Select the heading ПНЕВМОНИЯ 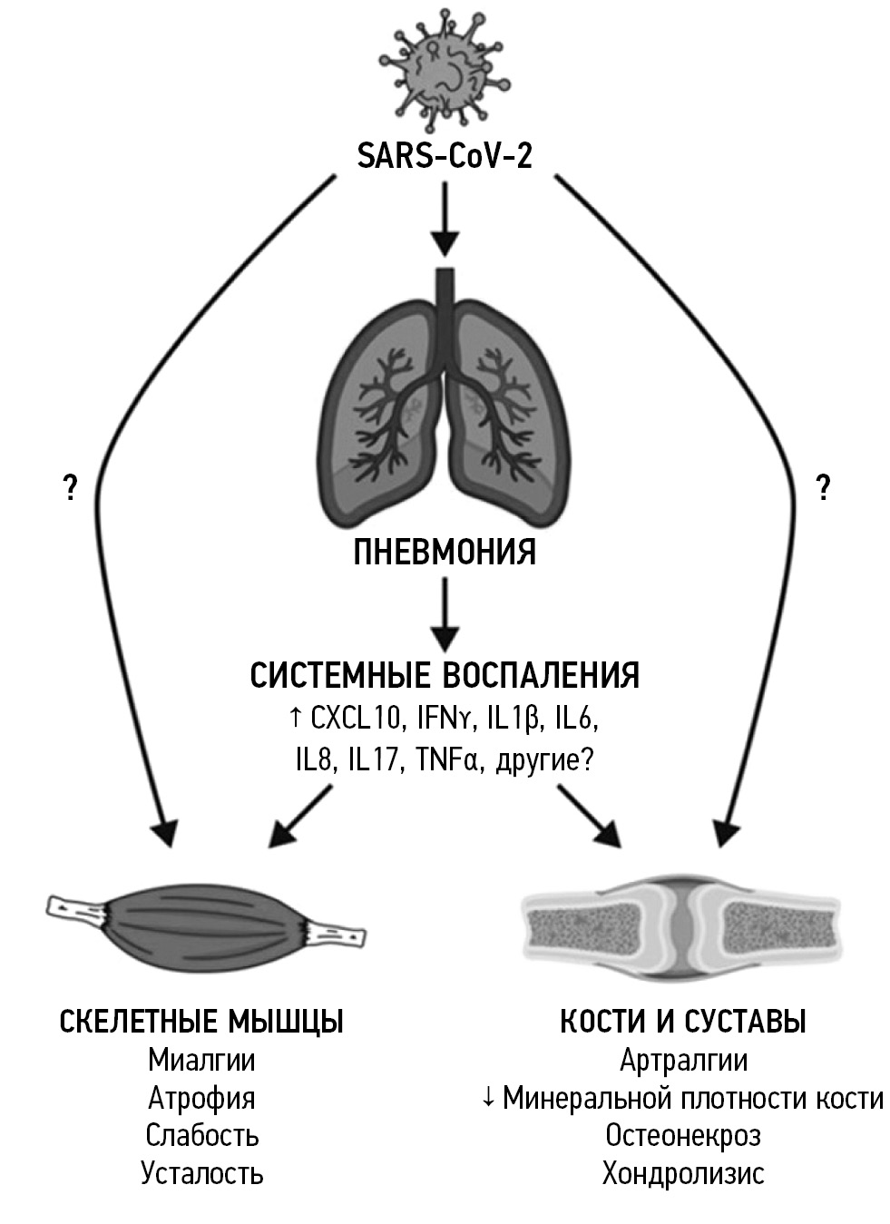point(444,553)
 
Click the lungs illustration point(444,399)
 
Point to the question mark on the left point(69,489)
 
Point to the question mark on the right point(823,489)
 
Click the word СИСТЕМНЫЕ point(339,676)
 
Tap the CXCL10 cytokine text point(355,720)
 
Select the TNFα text point(445,760)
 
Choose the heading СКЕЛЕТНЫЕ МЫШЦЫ point(201,1022)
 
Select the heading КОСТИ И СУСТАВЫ point(682,1022)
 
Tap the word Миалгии point(201,1060)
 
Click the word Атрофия point(201,1098)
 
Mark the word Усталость point(201,1173)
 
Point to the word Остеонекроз point(682,1135)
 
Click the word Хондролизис point(682,1173)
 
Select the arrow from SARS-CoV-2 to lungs point(444,218)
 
